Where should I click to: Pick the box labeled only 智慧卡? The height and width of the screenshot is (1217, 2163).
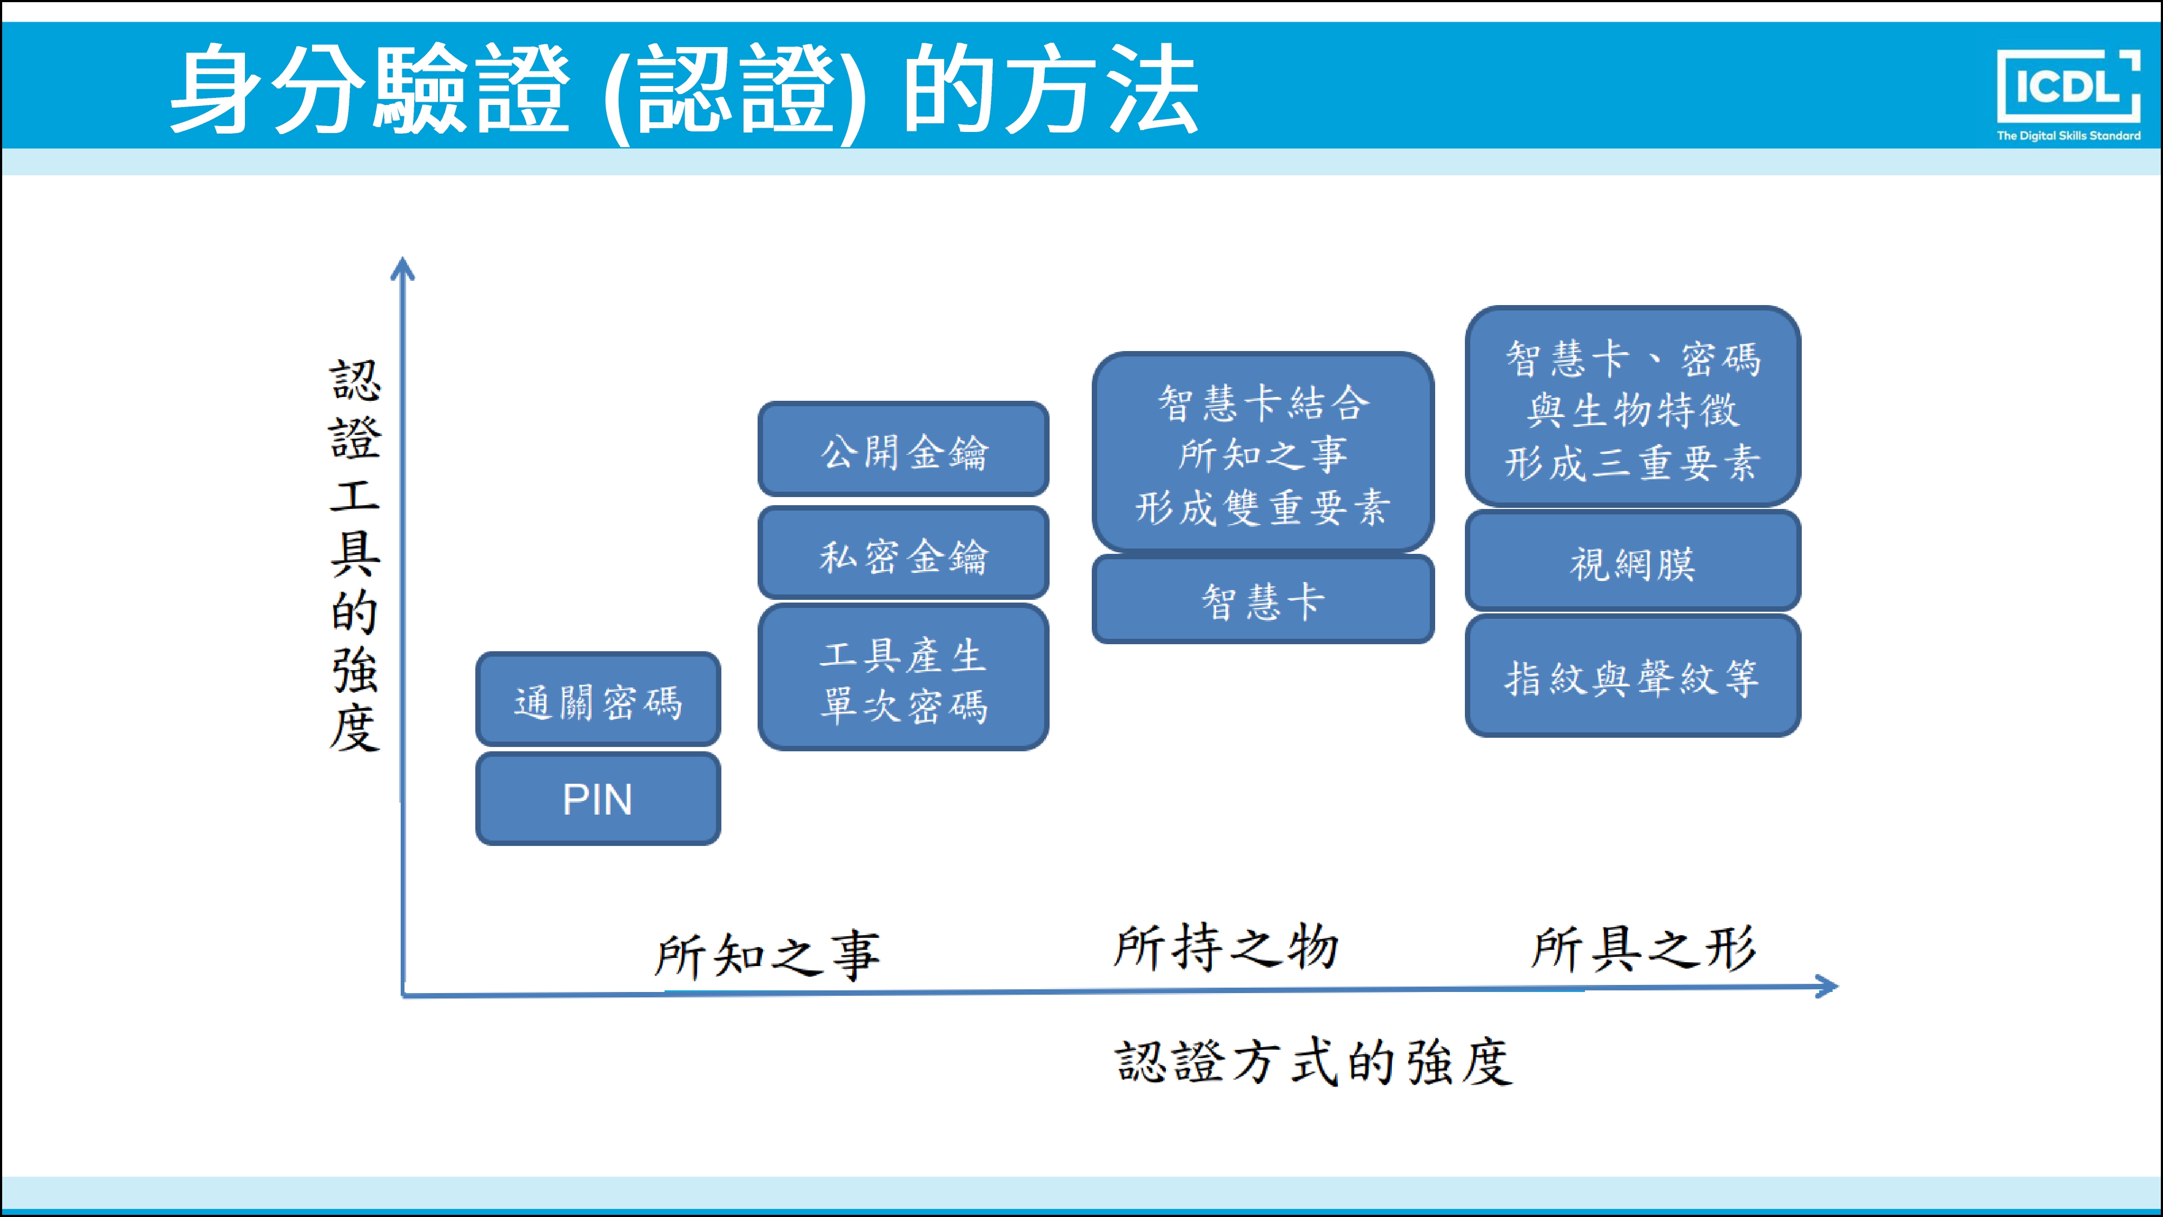[x=1262, y=600]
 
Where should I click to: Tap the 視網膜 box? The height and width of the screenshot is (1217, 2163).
[x=1633, y=562]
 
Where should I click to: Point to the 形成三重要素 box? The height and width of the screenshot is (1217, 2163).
[x=1633, y=407]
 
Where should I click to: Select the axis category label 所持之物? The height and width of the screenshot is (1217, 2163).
[x=1225, y=948]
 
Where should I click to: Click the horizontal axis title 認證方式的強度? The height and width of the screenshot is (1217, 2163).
[x=1313, y=1062]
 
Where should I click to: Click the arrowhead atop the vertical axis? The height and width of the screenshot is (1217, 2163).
[x=403, y=269]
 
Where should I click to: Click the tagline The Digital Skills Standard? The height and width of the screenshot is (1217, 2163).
[x=2068, y=135]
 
